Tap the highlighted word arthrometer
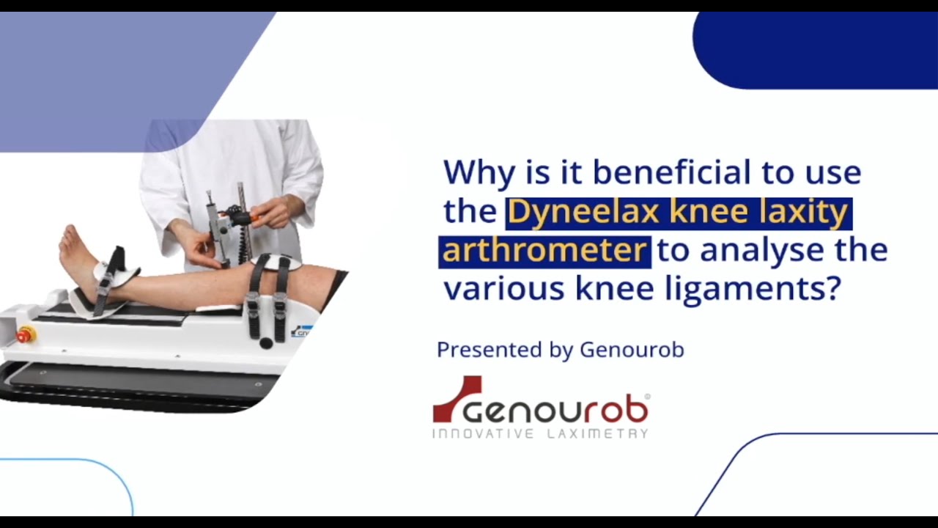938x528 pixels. pos(544,250)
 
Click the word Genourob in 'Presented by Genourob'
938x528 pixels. pos(632,350)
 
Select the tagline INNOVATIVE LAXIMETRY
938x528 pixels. pos(540,434)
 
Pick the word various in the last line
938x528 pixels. pos(503,289)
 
